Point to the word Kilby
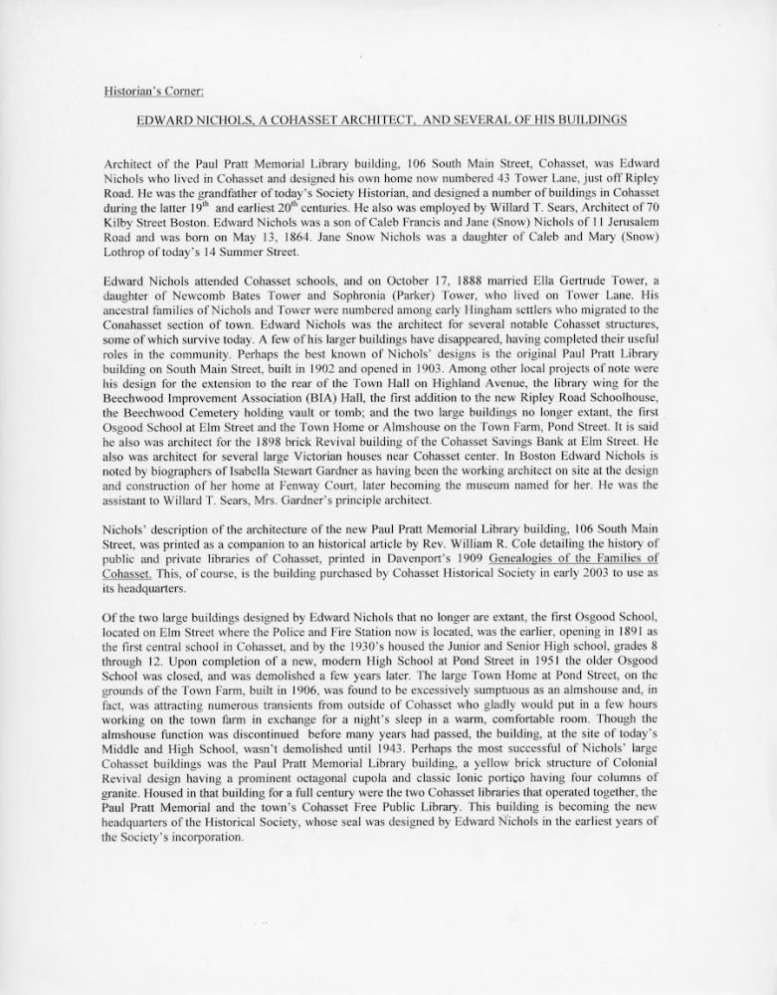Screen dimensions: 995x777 119,216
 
